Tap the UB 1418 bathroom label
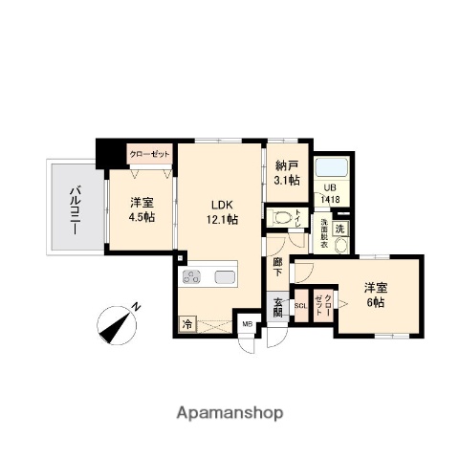click(x=330, y=193)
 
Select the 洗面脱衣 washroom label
click(x=325, y=233)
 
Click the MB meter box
click(x=248, y=324)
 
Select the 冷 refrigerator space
click(x=187, y=324)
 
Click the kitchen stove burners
click(x=191, y=278)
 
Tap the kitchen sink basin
click(x=227, y=278)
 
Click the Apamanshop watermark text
click(x=229, y=413)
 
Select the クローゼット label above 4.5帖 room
click(x=149, y=154)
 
